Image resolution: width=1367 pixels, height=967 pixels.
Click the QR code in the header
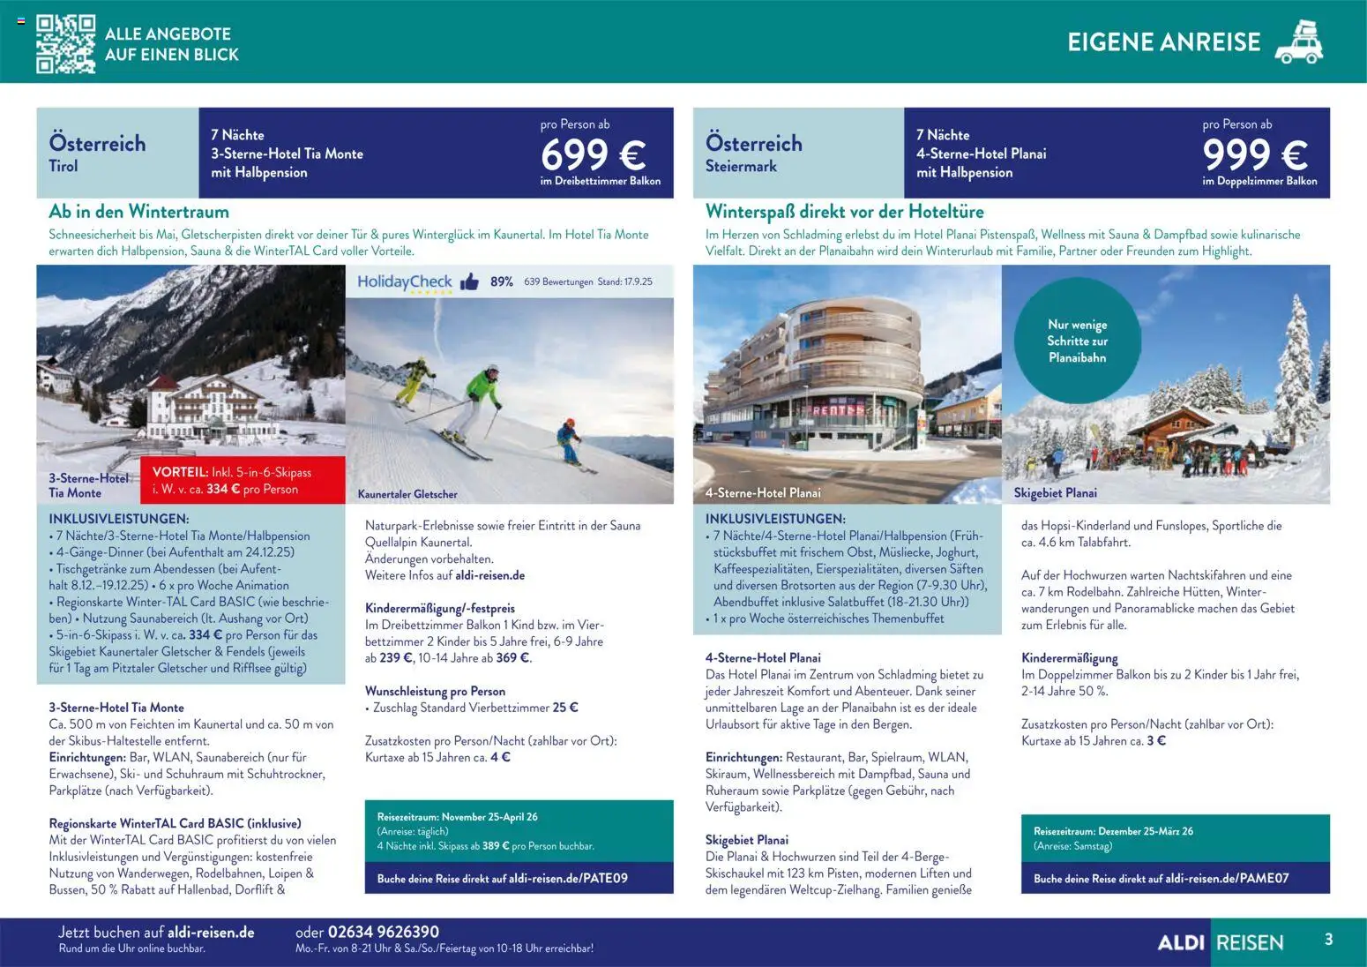tap(65, 43)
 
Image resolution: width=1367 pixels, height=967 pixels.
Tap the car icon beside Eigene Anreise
tap(1299, 42)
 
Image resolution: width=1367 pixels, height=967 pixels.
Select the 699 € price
tap(593, 155)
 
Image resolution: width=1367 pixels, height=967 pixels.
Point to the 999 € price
tap(1254, 155)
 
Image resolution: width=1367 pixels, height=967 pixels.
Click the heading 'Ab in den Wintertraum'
tap(138, 212)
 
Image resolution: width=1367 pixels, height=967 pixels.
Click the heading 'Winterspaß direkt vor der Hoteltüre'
tap(844, 212)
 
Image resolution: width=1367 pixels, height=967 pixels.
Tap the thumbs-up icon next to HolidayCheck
tap(469, 282)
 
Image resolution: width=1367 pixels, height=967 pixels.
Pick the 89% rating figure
tap(502, 282)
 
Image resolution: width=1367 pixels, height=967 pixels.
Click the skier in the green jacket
tap(482, 393)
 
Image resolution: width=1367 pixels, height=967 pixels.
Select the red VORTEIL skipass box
tap(243, 481)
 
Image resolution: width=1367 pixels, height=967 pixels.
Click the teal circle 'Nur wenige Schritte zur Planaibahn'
tap(1077, 341)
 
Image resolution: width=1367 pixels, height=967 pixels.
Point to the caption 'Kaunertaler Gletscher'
tap(407, 494)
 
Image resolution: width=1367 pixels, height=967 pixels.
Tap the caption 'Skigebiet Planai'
tap(1055, 493)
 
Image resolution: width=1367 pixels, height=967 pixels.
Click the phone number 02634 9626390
tap(383, 932)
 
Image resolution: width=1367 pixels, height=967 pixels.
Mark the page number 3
tap(1328, 940)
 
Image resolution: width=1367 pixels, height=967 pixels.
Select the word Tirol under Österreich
tap(63, 166)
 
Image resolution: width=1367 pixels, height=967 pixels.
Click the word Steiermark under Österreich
tap(741, 166)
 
